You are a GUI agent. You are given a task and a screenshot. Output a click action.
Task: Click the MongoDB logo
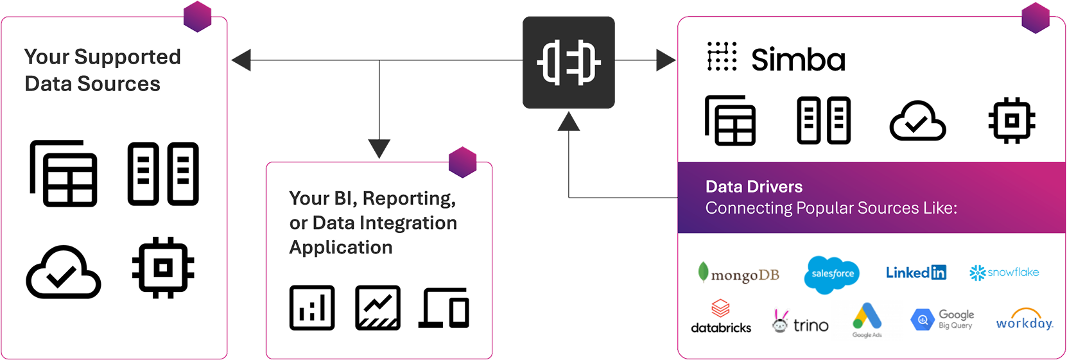739,274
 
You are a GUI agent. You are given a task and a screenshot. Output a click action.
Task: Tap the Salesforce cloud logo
832,274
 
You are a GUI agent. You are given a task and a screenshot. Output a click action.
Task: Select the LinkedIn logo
915,273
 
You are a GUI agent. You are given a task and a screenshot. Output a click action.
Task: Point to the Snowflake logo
1004,273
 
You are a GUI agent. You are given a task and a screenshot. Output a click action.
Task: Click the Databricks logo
721,316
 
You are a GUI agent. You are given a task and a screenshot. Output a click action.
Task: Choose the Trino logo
801,322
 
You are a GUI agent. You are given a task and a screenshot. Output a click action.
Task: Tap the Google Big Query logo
942,319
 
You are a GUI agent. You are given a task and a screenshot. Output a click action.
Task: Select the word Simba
798,60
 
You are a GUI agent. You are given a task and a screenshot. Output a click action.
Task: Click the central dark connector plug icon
569,62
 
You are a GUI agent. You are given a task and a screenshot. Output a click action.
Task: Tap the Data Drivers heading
754,187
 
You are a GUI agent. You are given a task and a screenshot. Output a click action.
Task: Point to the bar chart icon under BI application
312,307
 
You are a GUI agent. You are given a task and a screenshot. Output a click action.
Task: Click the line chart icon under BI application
377,307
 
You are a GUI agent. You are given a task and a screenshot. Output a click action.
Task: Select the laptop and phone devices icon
444,308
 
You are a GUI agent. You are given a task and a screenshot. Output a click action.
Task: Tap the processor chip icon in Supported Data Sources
163,268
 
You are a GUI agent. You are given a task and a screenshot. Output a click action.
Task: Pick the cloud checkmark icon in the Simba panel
917,121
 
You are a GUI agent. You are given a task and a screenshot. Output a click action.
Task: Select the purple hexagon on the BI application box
462,162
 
